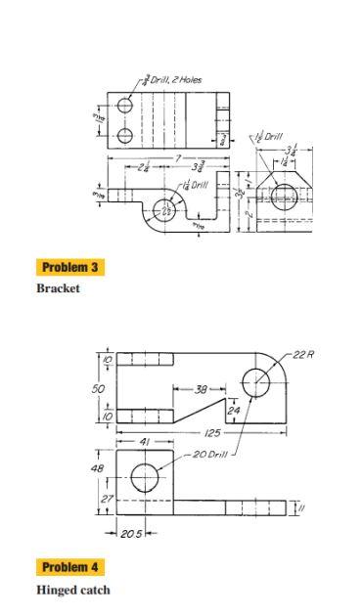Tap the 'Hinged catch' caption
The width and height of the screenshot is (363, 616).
pos(72,590)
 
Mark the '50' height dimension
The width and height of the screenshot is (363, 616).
pos(98,388)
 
